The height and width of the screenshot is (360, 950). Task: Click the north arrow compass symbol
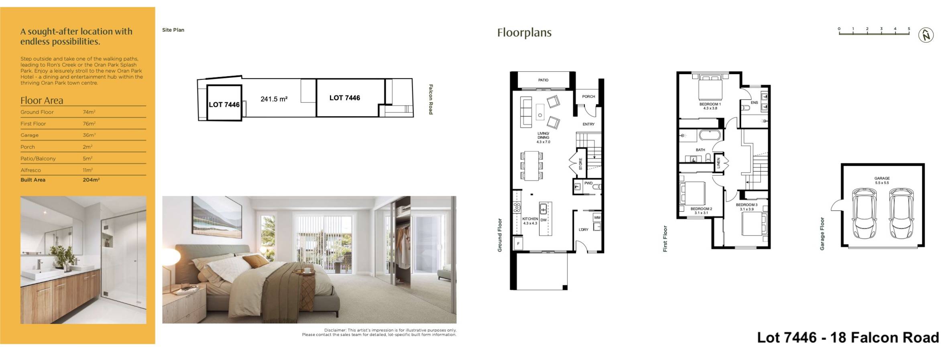point(926,35)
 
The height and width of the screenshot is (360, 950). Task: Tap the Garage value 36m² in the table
point(89,135)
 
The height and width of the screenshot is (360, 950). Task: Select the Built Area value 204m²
point(91,180)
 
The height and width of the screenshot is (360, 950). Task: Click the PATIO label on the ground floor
point(543,80)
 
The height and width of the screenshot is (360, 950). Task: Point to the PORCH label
point(588,97)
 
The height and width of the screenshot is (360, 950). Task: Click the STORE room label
point(580,164)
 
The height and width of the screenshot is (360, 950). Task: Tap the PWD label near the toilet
point(588,183)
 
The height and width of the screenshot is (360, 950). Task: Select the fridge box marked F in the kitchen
point(518,244)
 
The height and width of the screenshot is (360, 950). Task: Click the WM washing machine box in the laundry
point(597,218)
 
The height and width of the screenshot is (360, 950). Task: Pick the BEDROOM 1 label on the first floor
point(710,104)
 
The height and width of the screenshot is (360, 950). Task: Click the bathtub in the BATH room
point(710,135)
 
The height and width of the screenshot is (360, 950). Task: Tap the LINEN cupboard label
point(718,163)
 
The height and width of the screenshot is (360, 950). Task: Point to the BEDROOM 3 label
point(747,205)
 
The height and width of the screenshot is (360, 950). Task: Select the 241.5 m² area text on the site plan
point(274,99)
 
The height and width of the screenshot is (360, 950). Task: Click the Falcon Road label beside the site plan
point(431,99)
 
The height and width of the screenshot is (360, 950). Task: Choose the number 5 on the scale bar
point(909,29)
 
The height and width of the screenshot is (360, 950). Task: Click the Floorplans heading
point(524,33)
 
